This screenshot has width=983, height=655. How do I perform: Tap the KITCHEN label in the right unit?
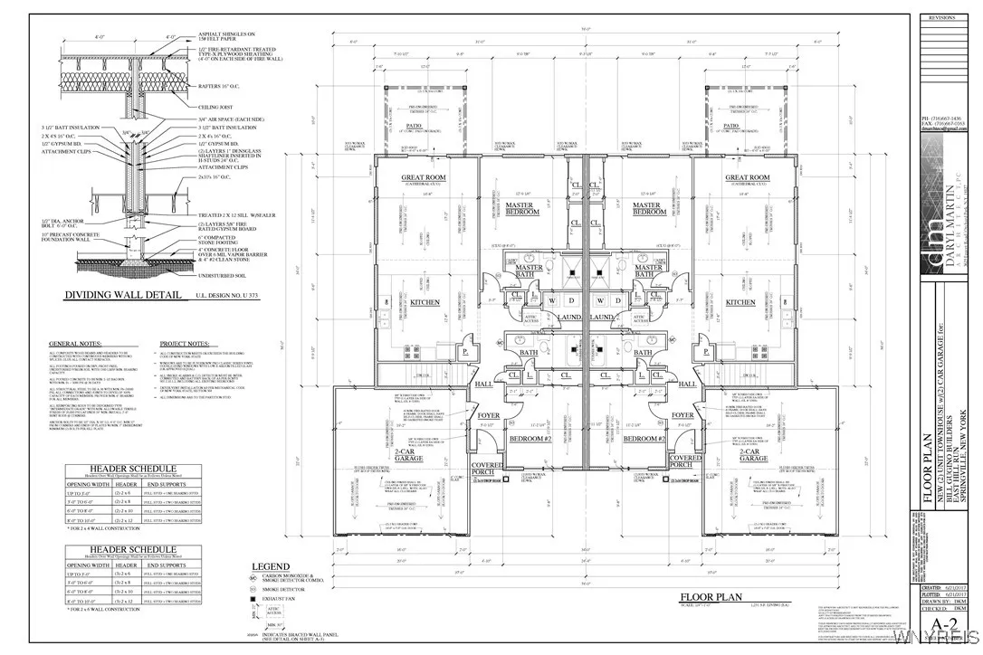coord(740,303)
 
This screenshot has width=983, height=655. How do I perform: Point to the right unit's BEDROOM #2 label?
coord(645,438)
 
